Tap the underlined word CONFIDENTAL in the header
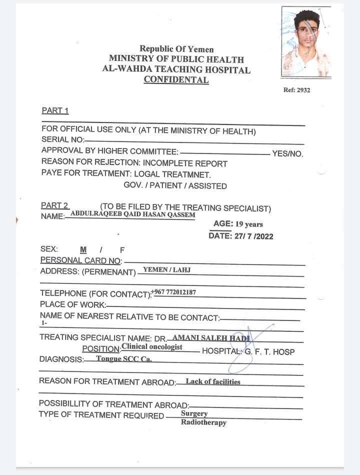pyautogui.click(x=176, y=79)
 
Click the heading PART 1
pyautogui.click(x=55, y=110)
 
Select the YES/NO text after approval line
pyautogui.click(x=287, y=153)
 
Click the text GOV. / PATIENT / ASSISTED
pyautogui.click(x=175, y=186)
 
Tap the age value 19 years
pyautogui.click(x=249, y=224)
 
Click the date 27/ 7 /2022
pyautogui.click(x=253, y=236)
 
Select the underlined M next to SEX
pyautogui.click(x=83, y=249)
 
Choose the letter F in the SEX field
pyautogui.click(x=122, y=249)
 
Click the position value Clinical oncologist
pyautogui.click(x=152, y=346)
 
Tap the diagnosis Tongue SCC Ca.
pyautogui.click(x=123, y=359)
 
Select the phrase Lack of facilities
pyautogui.click(x=213, y=381)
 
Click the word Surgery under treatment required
pyautogui.click(x=194, y=413)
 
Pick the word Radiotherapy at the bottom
pyautogui.click(x=203, y=422)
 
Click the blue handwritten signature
pyautogui.click(x=245, y=347)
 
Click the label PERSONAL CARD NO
pyautogui.click(x=81, y=260)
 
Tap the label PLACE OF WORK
pyautogui.click(x=73, y=304)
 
